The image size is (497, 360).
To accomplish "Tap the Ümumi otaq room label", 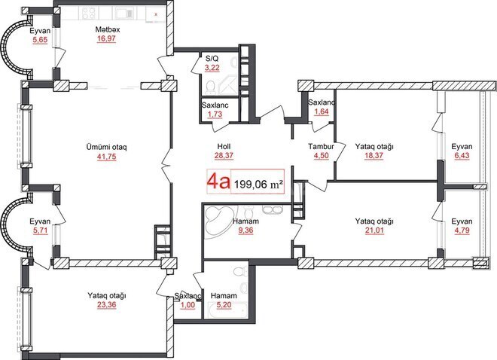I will coord(105,146).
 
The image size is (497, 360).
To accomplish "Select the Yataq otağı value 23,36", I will coord(106,307).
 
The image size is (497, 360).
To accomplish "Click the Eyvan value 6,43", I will coord(462,157).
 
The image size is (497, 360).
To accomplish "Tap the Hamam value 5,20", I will coord(223,307).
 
